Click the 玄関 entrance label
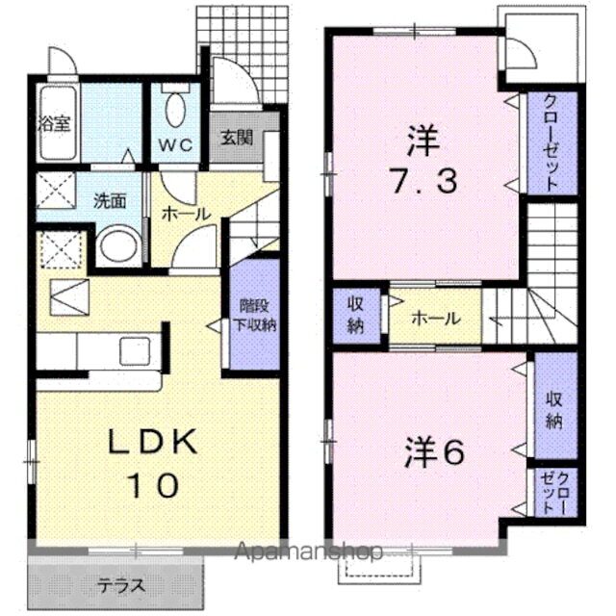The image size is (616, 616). pos(236,137)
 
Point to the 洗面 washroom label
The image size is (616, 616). pos(110,201)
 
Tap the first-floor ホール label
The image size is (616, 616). pos(186,213)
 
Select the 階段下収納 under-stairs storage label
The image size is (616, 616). pos(257,314)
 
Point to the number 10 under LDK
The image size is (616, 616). pos(151,484)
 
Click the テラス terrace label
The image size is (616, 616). pos(120,585)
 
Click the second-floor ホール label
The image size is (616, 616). pos(435,320)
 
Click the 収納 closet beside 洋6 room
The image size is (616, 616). pos(555,408)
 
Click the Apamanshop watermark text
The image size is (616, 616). pos(308,552)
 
